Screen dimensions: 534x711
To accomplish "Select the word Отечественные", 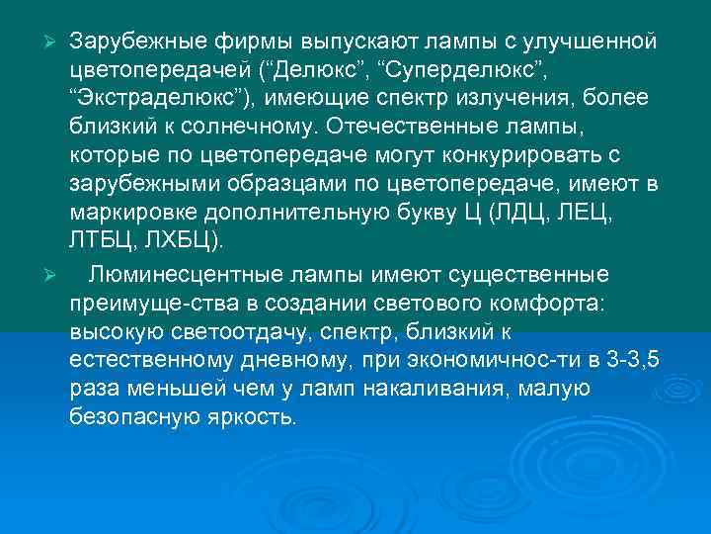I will [421, 126].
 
